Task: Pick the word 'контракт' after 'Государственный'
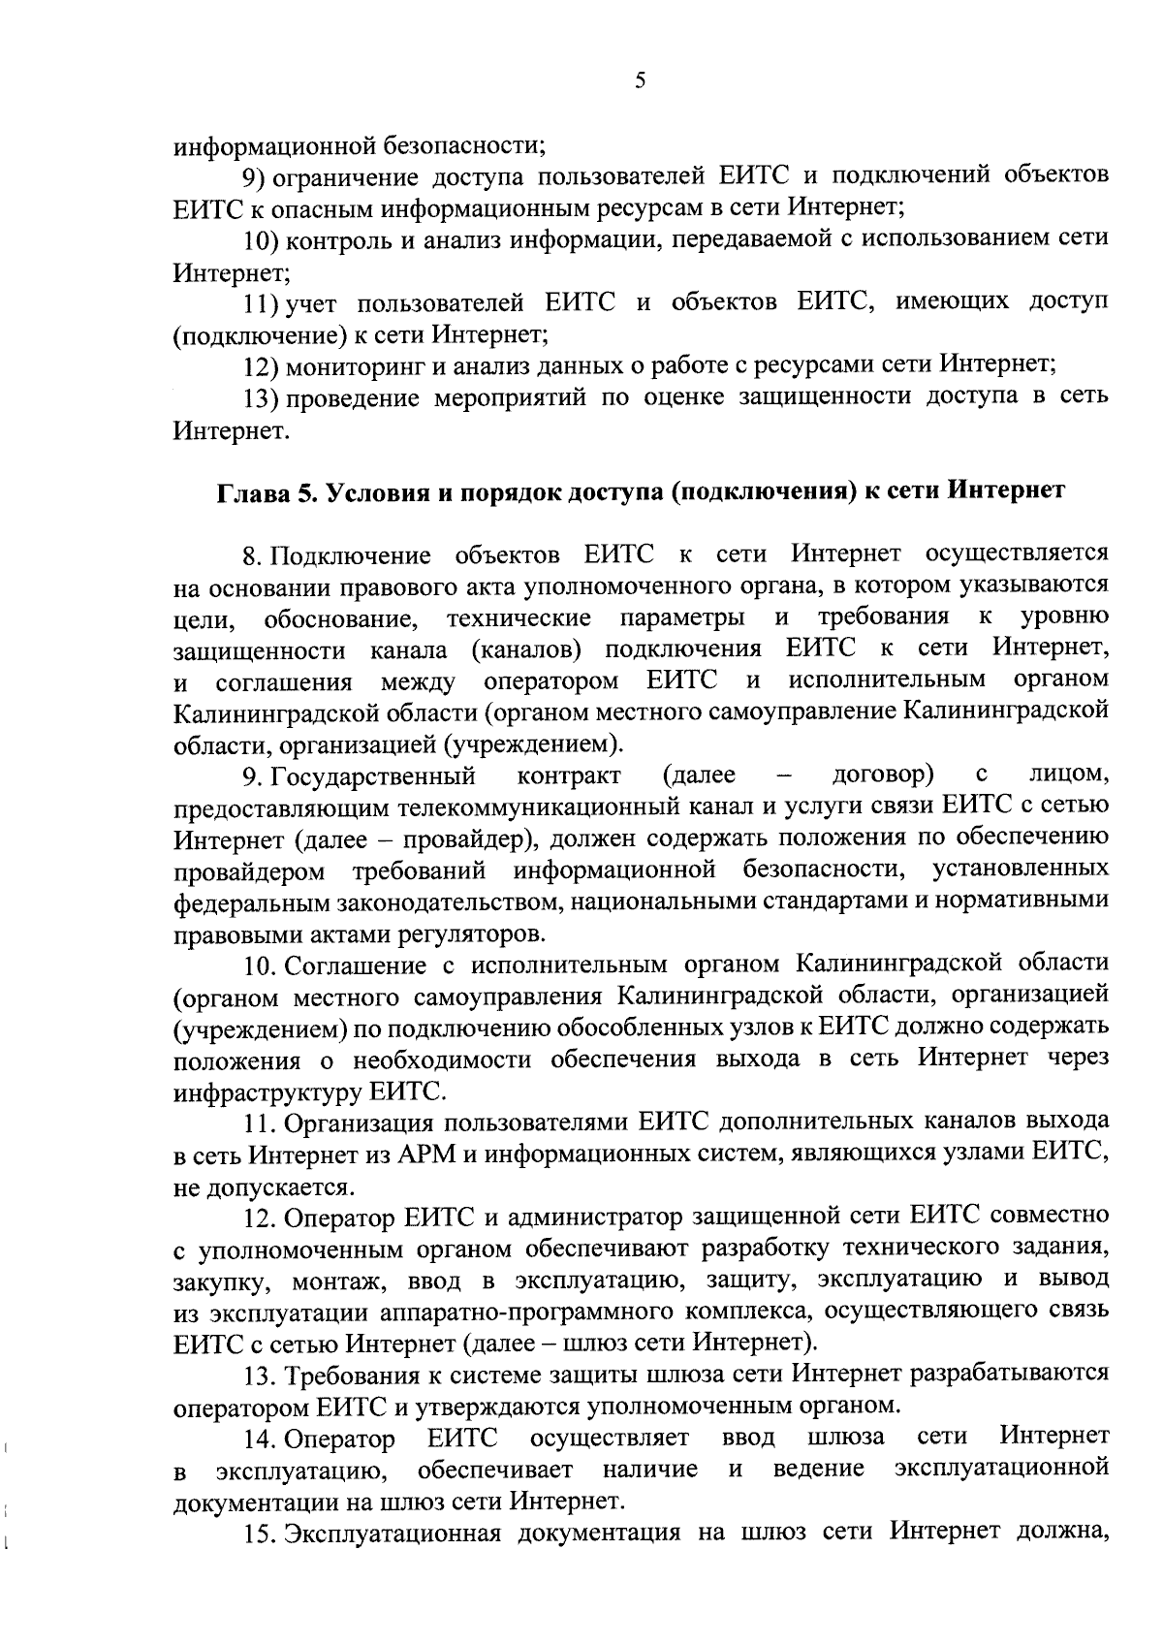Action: tap(570, 775)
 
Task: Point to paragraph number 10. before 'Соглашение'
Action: tap(262, 965)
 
